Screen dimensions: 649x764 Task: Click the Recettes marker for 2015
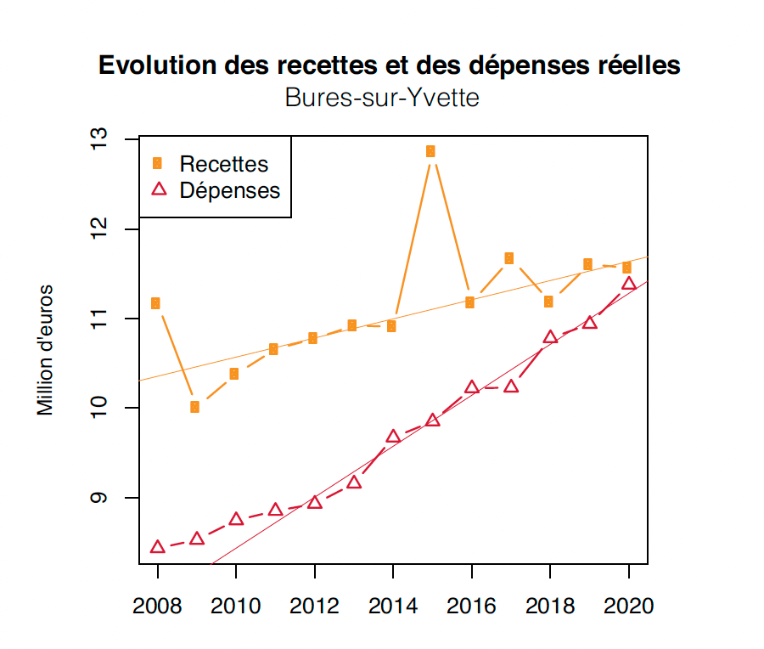point(430,151)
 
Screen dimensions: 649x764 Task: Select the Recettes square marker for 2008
point(155,303)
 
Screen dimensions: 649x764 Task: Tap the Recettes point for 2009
point(194,407)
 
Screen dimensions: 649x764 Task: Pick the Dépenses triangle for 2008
point(157,547)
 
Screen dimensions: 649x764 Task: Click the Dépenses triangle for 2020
point(629,284)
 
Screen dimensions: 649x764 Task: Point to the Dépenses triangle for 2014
point(393,437)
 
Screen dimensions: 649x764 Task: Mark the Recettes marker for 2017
point(508,258)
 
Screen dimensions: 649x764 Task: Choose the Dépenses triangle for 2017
point(511,387)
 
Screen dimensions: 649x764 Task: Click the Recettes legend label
point(224,164)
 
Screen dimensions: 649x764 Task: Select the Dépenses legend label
point(230,190)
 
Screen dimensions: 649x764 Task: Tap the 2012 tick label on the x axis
point(315,607)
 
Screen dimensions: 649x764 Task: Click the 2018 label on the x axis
point(550,607)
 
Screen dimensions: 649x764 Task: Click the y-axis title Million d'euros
point(46,350)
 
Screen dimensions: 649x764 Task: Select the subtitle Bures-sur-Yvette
point(382,99)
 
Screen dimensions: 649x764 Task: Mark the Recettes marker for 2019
point(587,264)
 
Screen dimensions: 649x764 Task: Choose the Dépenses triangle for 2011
point(275,510)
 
